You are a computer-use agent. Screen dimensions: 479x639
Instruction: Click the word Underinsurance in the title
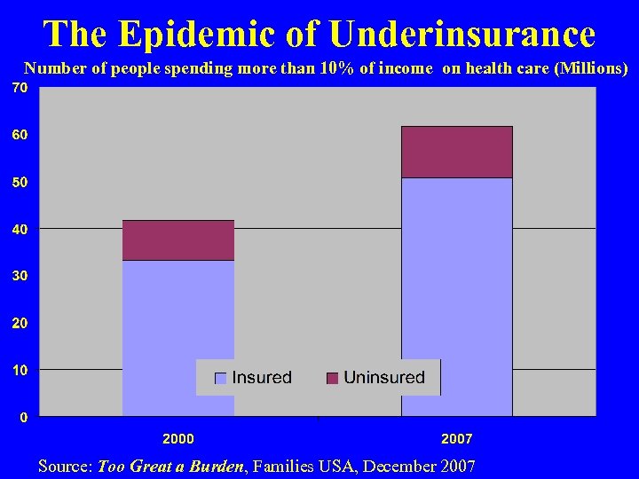point(461,34)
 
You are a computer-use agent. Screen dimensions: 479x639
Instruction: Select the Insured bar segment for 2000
point(178,337)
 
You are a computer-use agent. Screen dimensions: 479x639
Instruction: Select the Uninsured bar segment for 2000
point(178,240)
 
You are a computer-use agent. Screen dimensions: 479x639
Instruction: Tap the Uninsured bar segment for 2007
point(457,153)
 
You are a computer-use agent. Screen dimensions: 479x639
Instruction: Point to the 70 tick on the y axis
point(20,88)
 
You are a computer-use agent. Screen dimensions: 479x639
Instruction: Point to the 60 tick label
point(20,135)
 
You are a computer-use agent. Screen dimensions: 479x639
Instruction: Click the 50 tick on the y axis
point(20,182)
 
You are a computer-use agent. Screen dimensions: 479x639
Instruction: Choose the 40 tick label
point(20,229)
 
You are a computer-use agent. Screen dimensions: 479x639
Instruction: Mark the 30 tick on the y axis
point(20,276)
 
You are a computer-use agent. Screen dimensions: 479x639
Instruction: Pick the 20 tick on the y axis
point(20,323)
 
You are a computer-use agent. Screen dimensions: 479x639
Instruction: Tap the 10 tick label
point(20,370)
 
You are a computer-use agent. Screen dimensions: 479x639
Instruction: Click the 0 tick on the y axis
point(23,417)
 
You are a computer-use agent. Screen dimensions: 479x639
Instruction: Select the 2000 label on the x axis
point(178,438)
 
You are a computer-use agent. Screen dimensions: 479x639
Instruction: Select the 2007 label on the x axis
point(457,438)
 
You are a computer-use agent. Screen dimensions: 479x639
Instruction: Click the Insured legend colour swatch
point(221,378)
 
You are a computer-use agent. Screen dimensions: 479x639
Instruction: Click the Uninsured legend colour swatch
point(333,378)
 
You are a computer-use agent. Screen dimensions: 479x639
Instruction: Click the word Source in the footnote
point(65,466)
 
